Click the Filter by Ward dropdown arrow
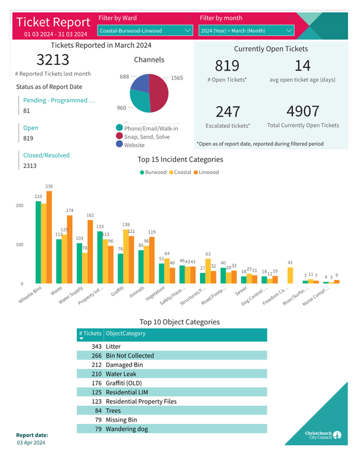187,31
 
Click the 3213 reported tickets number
53,59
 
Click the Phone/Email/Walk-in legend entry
150,128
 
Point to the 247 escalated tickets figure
228,112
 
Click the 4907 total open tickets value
302,112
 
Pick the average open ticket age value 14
302,66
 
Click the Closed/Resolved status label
46,155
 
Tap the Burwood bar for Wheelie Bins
38,242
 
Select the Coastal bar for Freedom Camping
290,275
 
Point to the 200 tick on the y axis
20,205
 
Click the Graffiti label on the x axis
118,293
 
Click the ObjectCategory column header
126,334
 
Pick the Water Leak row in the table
121,374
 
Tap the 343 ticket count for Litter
96,347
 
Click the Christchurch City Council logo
323,435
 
